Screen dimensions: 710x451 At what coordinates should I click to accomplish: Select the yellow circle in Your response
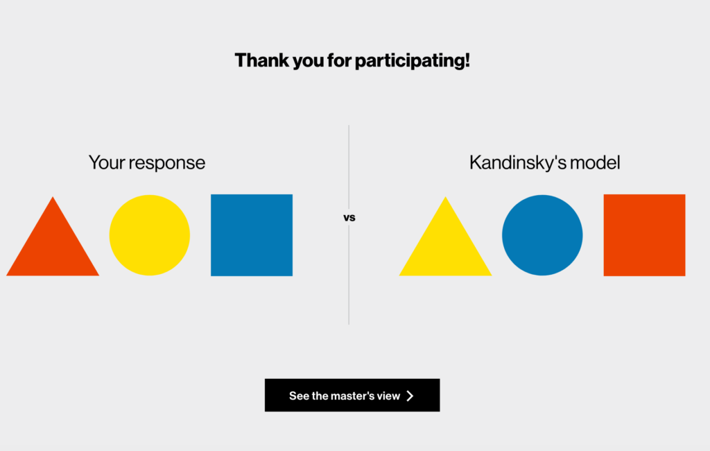[x=150, y=235]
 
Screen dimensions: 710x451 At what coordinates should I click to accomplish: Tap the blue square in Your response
[x=252, y=235]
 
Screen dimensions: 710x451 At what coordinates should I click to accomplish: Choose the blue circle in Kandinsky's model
[x=542, y=235]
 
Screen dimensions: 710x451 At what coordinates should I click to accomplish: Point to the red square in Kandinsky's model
[x=644, y=235]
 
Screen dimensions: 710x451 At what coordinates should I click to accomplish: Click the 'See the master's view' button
[x=352, y=395]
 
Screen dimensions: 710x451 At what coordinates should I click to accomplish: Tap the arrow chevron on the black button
[x=410, y=395]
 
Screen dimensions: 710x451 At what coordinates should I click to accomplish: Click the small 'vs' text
[x=349, y=218]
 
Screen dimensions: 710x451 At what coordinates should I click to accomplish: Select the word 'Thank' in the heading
[x=261, y=60]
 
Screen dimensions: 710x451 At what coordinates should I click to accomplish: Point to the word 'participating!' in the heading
[x=412, y=61]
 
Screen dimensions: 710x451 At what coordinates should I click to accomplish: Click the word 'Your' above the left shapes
[x=107, y=163]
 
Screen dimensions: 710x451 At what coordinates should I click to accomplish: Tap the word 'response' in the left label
[x=167, y=164]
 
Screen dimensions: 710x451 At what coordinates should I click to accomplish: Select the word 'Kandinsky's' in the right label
[x=517, y=163]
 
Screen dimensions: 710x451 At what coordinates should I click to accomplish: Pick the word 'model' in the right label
[x=595, y=163]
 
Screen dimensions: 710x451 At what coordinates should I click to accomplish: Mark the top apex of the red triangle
[x=53, y=197]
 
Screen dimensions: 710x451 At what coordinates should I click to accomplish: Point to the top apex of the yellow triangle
[x=445, y=197]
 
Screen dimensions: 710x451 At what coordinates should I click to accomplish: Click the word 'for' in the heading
[x=339, y=60]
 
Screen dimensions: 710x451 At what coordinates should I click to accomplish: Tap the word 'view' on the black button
[x=389, y=396]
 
